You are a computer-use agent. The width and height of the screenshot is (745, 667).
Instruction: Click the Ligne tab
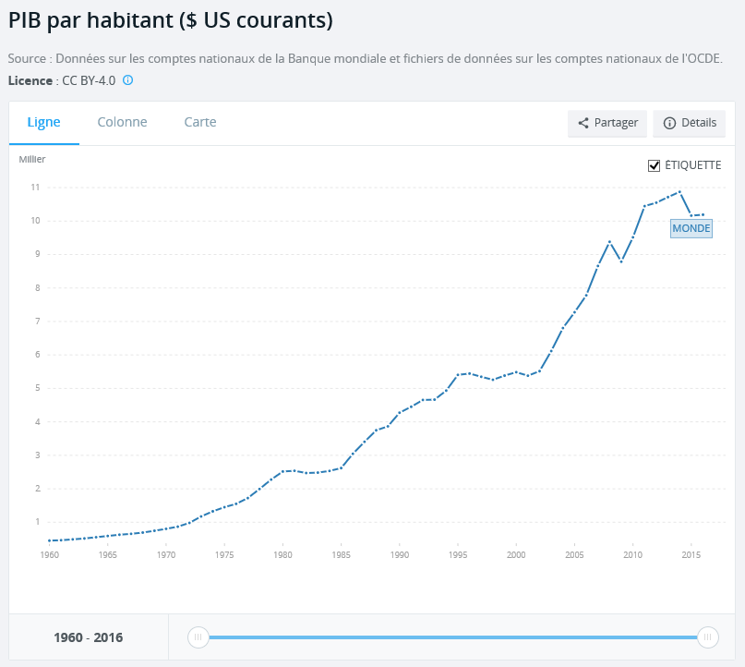point(43,122)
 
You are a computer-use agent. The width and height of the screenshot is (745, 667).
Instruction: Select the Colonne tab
point(122,122)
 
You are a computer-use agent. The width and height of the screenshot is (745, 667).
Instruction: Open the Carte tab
point(200,122)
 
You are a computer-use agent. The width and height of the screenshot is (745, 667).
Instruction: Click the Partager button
point(607,123)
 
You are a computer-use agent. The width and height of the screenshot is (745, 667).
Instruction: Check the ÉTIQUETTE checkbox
point(655,165)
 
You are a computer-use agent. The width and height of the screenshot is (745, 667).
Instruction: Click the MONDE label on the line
point(691,228)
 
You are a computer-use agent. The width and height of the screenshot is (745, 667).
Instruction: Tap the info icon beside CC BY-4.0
point(128,80)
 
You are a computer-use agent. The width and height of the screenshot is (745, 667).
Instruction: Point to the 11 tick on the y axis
point(34,188)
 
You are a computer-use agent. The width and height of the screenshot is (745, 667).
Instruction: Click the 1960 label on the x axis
point(49,555)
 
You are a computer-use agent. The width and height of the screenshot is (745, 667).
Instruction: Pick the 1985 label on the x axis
point(341,555)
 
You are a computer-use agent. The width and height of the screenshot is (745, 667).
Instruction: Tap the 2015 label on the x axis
point(691,555)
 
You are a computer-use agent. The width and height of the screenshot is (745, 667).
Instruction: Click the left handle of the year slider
point(198,637)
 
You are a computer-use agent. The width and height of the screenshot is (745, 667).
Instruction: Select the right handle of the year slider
point(708,637)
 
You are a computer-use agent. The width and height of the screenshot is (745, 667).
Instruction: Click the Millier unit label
point(32,159)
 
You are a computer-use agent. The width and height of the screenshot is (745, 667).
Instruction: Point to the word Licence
point(30,80)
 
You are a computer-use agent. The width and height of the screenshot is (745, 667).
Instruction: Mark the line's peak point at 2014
point(679,192)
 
